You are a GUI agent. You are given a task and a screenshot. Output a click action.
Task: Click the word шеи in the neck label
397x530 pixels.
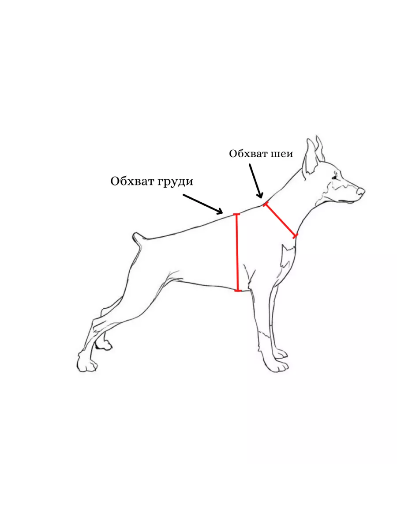[282, 154]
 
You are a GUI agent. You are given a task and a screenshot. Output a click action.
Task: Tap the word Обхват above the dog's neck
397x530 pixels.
[248, 154]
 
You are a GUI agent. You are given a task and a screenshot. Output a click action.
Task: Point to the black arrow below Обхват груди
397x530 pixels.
[203, 204]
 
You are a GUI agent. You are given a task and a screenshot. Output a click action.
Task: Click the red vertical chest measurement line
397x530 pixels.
[237, 253]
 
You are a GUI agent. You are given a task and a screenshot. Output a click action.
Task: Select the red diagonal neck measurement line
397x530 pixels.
[281, 220]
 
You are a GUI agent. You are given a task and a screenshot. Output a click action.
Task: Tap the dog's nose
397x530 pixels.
[361, 192]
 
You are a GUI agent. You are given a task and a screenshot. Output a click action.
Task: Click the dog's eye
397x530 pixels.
[335, 178]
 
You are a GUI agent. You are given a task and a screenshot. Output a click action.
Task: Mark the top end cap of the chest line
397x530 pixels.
[236, 214]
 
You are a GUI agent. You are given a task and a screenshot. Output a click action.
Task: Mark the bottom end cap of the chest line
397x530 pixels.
[238, 291]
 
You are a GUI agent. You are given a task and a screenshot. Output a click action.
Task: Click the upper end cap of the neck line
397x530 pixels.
[265, 204]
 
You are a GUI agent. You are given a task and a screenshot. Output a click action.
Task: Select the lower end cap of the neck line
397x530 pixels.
[296, 236]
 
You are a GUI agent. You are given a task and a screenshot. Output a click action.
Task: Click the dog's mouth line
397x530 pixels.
[347, 201]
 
